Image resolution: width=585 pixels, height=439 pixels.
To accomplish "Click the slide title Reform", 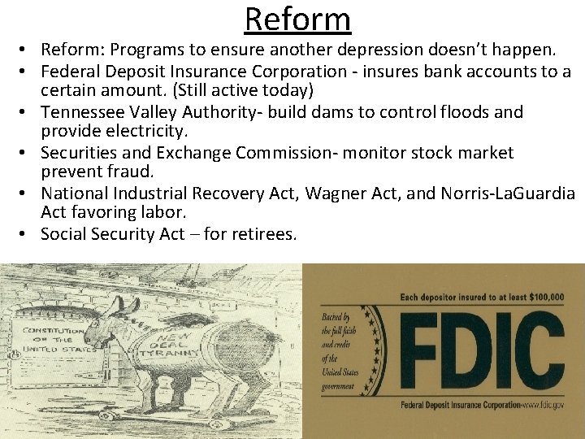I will coord(297,19).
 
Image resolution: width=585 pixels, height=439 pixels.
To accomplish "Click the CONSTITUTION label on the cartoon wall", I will coord(52,331).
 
